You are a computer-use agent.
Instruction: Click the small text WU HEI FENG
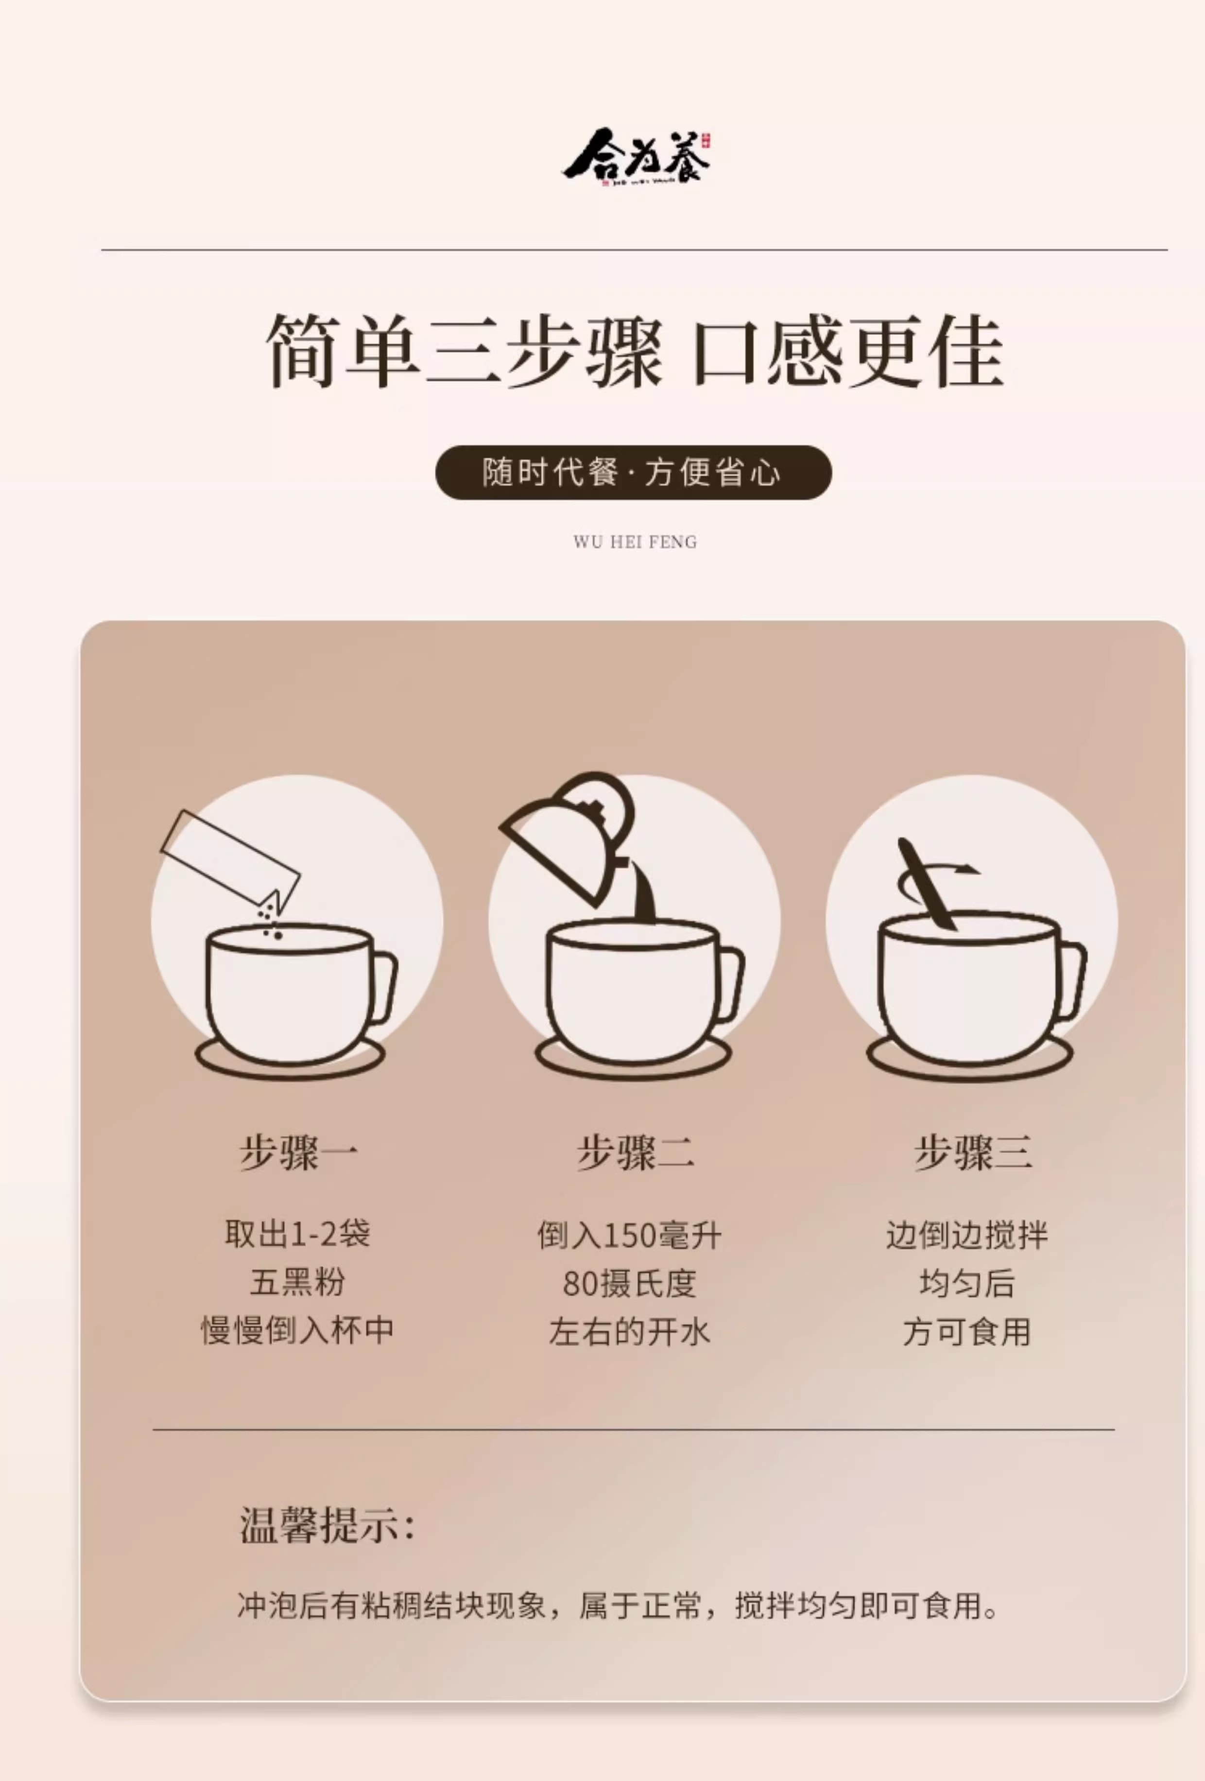point(634,542)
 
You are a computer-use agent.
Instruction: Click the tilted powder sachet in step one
point(230,859)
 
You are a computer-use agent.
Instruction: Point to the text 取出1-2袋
point(297,1234)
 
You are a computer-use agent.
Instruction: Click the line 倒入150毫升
point(628,1235)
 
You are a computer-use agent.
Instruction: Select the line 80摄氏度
point(628,1284)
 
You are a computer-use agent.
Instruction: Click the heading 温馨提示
point(326,1524)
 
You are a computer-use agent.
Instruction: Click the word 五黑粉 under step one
point(297,1282)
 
